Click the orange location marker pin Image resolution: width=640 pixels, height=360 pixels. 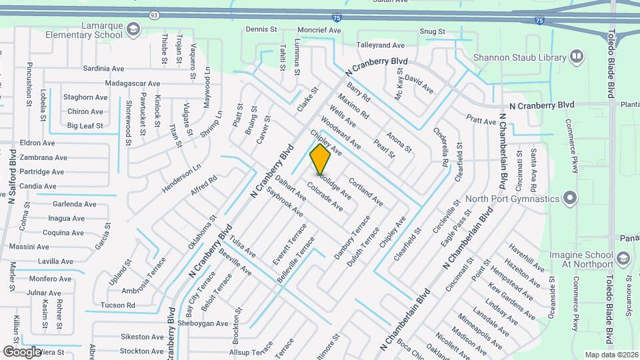[321, 160]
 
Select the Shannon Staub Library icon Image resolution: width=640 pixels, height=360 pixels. [577, 57]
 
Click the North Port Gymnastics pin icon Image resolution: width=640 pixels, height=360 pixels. [569, 199]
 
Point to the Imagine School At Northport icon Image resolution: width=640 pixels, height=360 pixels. [623, 257]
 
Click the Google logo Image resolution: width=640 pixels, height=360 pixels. [22, 351]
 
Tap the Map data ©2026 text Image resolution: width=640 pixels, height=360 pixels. [611, 355]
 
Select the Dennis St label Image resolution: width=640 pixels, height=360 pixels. [261, 29]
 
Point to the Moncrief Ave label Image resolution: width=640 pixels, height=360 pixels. [319, 31]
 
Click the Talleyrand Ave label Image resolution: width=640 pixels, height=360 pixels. [381, 45]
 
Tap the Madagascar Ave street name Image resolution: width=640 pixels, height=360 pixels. [133, 84]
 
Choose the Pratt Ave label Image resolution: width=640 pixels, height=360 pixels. [481, 121]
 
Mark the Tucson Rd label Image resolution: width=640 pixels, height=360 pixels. [117, 305]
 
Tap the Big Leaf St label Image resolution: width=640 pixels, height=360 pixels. [85, 125]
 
